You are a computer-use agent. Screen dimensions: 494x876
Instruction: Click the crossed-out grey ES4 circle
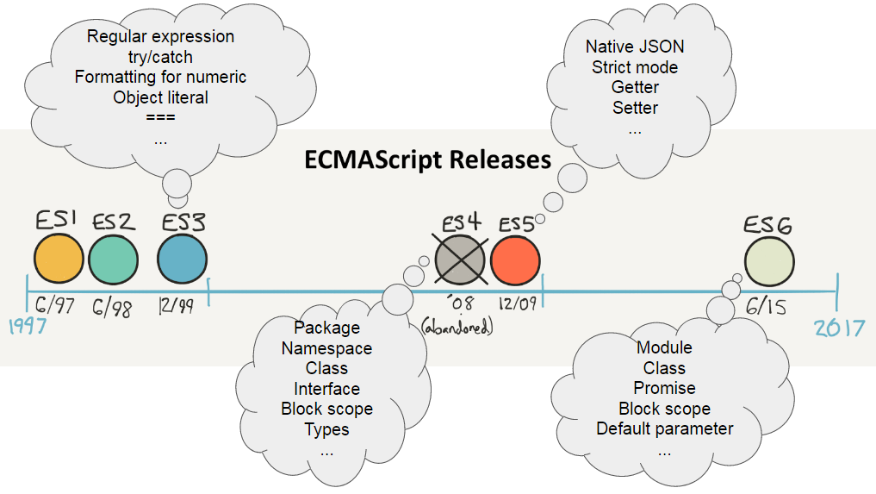pyautogui.click(x=461, y=260)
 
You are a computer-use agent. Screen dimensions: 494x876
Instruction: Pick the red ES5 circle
pyautogui.click(x=515, y=260)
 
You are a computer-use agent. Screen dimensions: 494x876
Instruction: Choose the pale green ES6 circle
pyautogui.click(x=770, y=262)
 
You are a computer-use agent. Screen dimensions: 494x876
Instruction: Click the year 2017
pyautogui.click(x=839, y=328)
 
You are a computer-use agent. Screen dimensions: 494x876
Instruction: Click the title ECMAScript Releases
pyautogui.click(x=427, y=160)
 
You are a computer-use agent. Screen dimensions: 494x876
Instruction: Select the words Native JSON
pyautogui.click(x=635, y=47)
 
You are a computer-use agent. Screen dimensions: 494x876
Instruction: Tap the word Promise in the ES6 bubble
pyautogui.click(x=664, y=388)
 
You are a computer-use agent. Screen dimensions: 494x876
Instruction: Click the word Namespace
pyautogui.click(x=326, y=348)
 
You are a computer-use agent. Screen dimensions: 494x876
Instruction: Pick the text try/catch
pyautogui.click(x=160, y=57)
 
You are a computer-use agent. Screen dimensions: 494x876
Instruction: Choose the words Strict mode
pyautogui.click(x=635, y=67)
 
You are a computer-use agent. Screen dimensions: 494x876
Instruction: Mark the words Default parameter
pyautogui.click(x=664, y=428)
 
